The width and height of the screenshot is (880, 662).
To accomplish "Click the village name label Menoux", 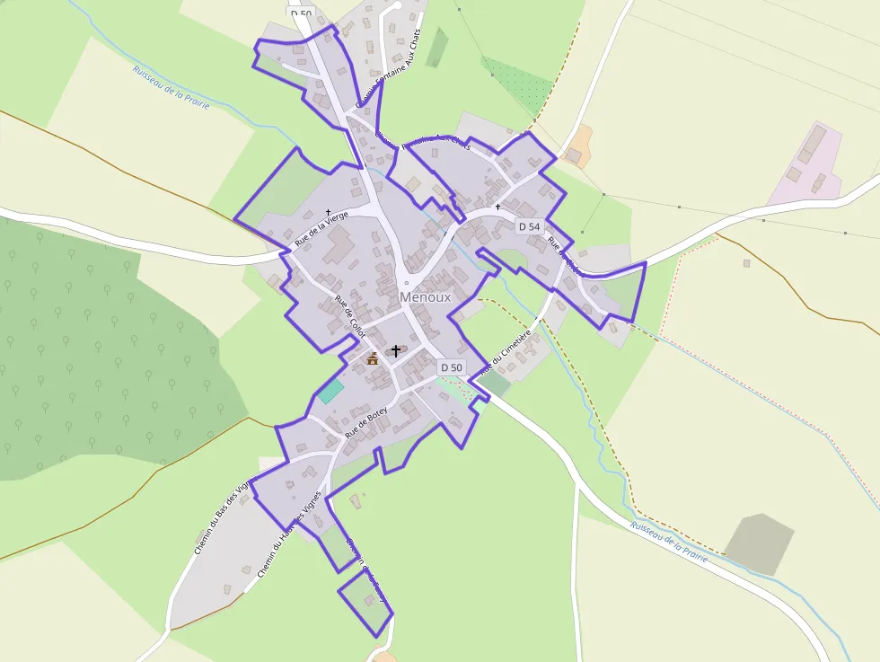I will (426, 296).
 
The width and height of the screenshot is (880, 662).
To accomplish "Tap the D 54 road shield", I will (530, 226).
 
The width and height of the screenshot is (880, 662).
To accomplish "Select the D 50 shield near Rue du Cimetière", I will (452, 367).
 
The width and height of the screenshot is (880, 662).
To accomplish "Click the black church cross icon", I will (395, 350).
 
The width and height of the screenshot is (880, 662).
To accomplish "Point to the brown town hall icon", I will (373, 359).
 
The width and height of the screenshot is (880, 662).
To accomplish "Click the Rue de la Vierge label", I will (321, 228).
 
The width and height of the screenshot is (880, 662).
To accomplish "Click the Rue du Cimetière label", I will (506, 351).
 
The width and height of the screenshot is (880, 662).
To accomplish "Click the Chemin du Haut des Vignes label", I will (289, 538).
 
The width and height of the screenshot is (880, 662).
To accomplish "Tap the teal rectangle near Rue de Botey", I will (330, 392).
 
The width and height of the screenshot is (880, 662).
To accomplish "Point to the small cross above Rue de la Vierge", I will (328, 212).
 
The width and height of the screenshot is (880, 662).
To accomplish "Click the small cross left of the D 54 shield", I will (497, 207).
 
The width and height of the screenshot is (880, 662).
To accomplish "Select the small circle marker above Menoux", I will (406, 282).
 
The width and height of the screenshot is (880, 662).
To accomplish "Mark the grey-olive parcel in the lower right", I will (759, 543).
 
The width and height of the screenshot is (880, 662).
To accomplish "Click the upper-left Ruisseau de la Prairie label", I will (171, 87).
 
